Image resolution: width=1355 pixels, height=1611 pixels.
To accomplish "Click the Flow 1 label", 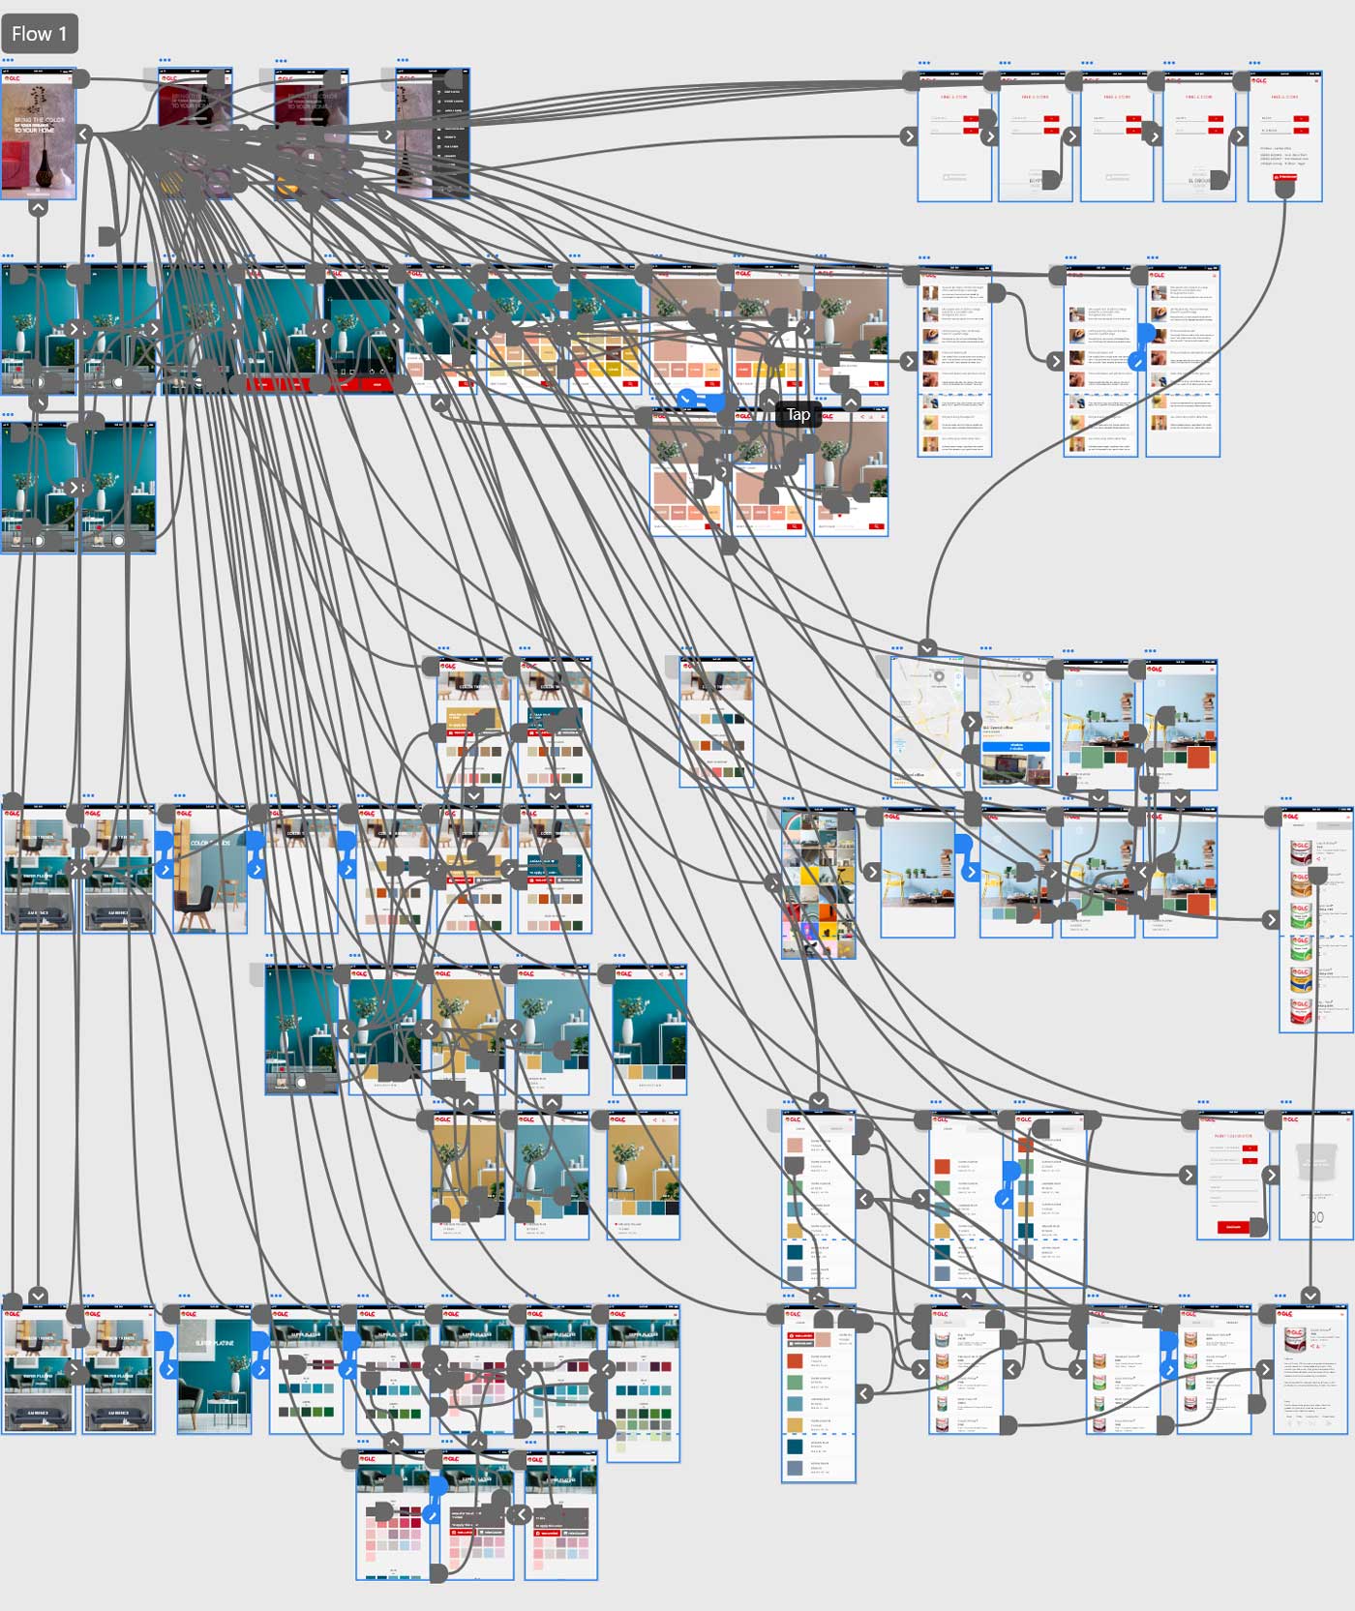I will [40, 34].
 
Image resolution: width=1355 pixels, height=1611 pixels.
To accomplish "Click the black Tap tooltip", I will [798, 414].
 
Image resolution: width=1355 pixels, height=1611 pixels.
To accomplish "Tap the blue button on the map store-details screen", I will [1016, 747].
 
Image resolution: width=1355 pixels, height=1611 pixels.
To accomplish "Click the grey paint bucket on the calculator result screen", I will [1314, 1160].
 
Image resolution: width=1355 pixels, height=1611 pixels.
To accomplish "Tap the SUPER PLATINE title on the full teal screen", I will [214, 1343].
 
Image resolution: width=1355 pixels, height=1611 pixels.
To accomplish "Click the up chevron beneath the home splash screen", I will [38, 206].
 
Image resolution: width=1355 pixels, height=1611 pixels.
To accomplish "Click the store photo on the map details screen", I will [1015, 770].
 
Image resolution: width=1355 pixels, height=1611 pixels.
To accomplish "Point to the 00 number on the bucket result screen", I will [1316, 1216].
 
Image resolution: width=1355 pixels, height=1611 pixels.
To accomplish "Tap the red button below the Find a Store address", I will [1284, 177].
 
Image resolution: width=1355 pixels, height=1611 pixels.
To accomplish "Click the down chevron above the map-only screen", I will [927, 647].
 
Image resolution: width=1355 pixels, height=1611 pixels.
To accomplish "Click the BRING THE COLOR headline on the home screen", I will [39, 125].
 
